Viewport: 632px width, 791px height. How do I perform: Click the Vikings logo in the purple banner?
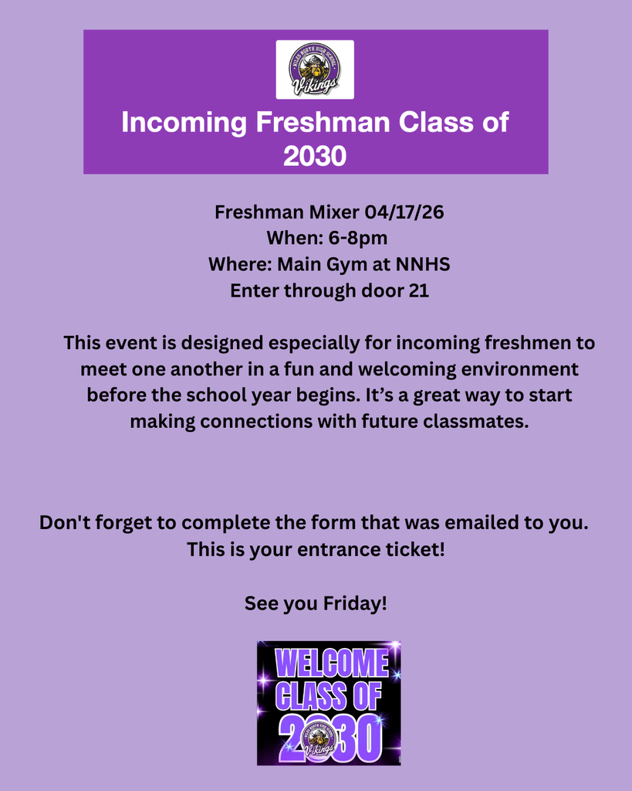tap(315, 70)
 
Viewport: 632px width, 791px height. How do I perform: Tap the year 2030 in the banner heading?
tap(315, 156)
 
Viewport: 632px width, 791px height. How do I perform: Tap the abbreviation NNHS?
tap(422, 265)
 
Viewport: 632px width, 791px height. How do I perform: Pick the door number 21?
tap(418, 291)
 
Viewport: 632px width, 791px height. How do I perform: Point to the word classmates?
tap(478, 422)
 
